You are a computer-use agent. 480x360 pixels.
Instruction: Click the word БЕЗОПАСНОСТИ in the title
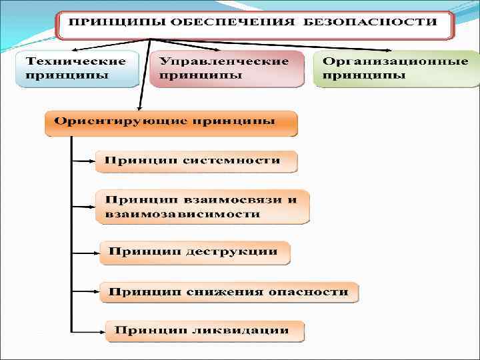(x=371, y=22)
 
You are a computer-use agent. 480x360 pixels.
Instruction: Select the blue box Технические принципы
(x=77, y=68)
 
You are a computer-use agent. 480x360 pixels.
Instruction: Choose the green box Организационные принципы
(x=395, y=68)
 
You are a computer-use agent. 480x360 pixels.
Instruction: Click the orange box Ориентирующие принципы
(x=171, y=123)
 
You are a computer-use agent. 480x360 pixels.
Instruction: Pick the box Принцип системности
(x=196, y=161)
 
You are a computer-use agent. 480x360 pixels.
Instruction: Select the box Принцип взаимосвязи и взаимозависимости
(x=202, y=207)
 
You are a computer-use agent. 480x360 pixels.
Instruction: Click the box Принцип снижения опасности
(x=229, y=292)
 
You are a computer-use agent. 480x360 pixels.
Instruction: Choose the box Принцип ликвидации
(x=203, y=331)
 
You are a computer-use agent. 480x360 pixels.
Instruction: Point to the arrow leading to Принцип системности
(x=83, y=161)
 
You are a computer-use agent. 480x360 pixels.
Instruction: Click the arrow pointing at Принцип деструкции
(x=85, y=253)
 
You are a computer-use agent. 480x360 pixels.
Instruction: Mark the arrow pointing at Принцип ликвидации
(x=88, y=331)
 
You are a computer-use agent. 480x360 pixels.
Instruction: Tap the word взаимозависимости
(x=182, y=215)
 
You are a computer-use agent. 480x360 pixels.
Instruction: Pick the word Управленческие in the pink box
(x=223, y=61)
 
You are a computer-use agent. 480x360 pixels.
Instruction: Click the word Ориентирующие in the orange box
(x=119, y=123)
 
